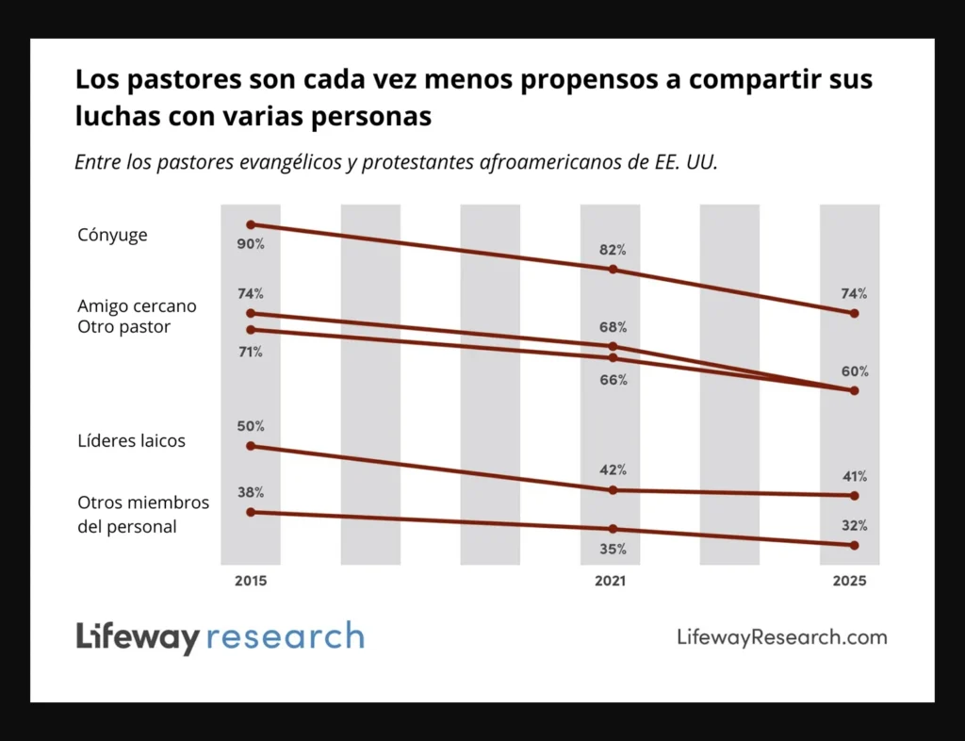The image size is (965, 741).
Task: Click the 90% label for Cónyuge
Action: click(251, 244)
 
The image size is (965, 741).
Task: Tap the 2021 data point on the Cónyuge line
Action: click(613, 270)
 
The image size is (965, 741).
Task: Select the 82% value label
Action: click(613, 250)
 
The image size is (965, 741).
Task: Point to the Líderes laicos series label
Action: click(131, 440)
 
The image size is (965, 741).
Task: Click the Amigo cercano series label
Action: click(137, 306)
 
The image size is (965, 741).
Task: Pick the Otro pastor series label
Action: click(124, 326)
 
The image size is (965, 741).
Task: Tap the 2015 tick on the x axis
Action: click(251, 582)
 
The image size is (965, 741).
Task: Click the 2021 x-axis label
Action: click(610, 582)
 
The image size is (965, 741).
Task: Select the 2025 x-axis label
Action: click(849, 582)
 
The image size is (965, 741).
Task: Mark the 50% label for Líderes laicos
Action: click(251, 426)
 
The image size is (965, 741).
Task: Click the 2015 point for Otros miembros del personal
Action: click(251, 512)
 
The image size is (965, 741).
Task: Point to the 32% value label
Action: click(855, 526)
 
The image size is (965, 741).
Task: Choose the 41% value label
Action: click(855, 476)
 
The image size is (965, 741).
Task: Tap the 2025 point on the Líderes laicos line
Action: click(855, 496)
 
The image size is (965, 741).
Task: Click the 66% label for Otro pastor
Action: click(613, 380)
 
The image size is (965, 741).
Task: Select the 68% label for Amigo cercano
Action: click(613, 327)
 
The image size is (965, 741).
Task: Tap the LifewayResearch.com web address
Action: click(781, 637)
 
